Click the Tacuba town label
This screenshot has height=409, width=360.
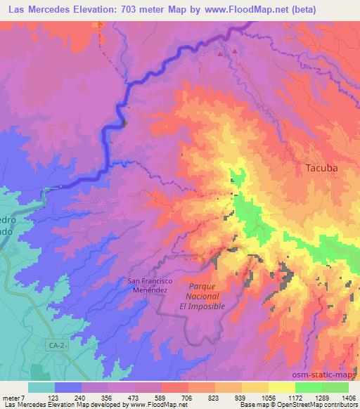(x=322, y=168)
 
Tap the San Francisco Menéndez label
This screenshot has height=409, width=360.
(x=147, y=285)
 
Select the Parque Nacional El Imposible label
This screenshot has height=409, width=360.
(x=207, y=297)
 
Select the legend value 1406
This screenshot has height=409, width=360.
(x=349, y=397)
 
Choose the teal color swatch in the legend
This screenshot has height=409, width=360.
(x=41, y=387)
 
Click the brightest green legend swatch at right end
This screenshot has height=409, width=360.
(x=335, y=387)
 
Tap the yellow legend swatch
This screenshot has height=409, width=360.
(x=282, y=387)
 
